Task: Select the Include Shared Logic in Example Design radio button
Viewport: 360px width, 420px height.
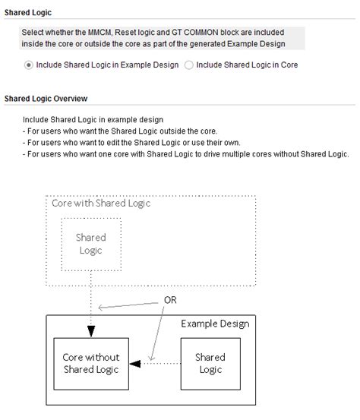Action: pos(29,65)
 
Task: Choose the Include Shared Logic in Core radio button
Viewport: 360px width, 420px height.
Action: pos(189,65)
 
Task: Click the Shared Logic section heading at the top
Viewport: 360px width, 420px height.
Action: pos(30,13)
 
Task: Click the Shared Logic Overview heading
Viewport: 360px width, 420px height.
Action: pos(46,99)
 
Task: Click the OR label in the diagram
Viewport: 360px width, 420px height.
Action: pos(170,300)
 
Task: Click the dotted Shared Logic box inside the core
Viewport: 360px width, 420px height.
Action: pos(90,244)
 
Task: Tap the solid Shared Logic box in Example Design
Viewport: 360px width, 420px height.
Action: pos(210,363)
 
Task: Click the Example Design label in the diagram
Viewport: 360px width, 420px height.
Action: pos(215,324)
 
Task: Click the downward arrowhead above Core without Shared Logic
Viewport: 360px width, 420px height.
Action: pos(91,332)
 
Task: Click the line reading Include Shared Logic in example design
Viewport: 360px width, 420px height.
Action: pos(93,120)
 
